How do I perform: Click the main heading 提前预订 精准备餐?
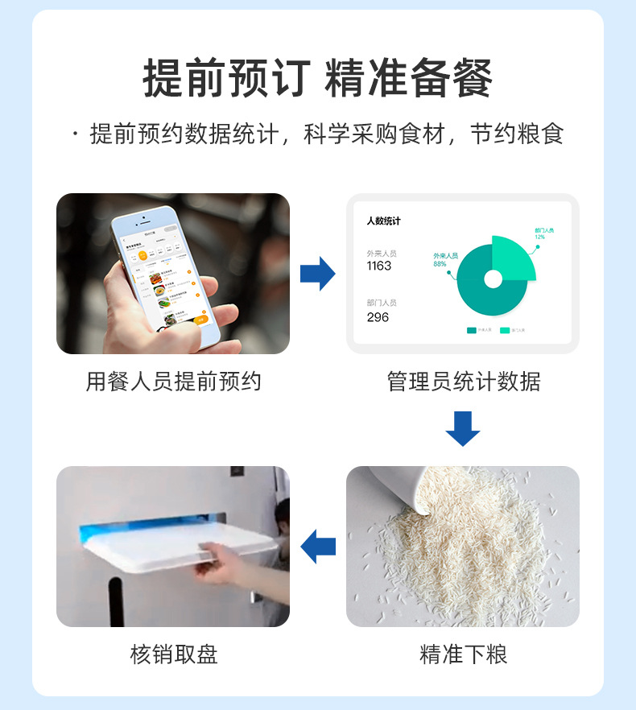(x=317, y=79)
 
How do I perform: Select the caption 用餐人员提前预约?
(x=173, y=381)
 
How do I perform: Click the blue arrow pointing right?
(x=317, y=274)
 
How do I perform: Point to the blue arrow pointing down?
(x=462, y=428)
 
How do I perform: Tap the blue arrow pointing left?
(x=317, y=547)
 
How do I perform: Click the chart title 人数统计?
(x=383, y=221)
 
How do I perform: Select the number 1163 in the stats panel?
(x=378, y=266)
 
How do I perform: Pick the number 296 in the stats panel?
(x=377, y=317)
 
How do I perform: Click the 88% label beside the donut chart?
(x=440, y=263)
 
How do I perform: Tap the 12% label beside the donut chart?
(x=539, y=237)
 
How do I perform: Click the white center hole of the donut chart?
(x=493, y=279)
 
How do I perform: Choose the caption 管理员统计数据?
(x=463, y=381)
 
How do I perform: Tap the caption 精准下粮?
(x=463, y=654)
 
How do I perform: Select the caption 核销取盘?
(x=173, y=654)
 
